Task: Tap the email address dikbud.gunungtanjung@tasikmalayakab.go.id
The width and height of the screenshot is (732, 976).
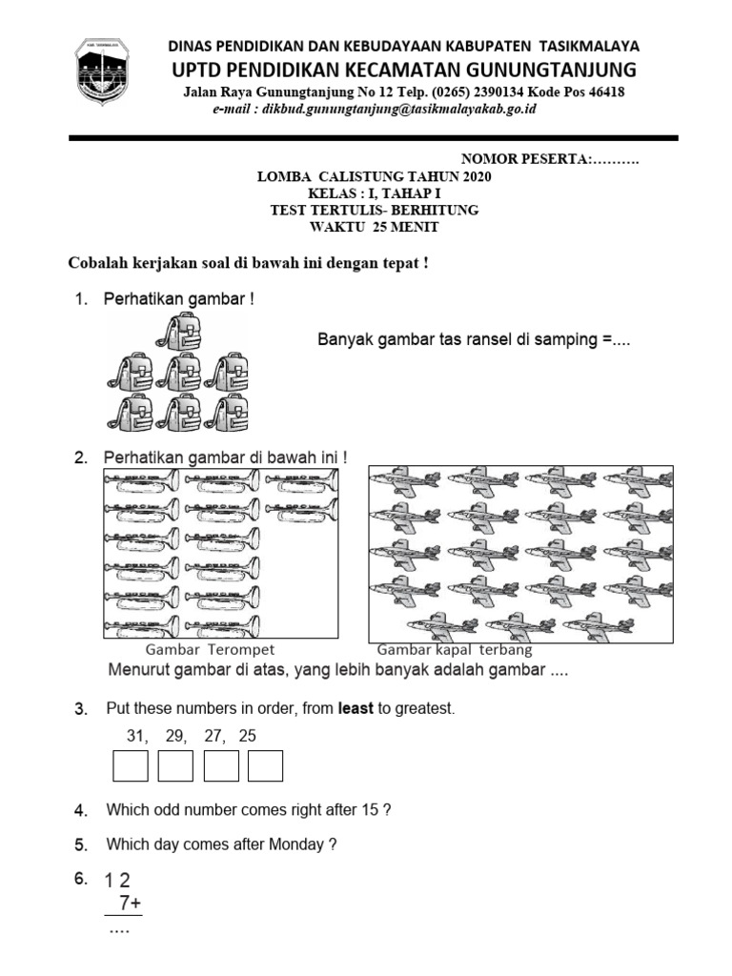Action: (x=376, y=110)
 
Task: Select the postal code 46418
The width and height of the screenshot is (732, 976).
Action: (x=602, y=92)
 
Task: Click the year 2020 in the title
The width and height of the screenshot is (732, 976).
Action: (x=478, y=177)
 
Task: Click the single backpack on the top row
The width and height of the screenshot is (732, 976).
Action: (x=180, y=334)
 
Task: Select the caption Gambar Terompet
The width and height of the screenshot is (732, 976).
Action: (x=210, y=649)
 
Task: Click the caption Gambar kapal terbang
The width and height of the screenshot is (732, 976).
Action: (x=455, y=649)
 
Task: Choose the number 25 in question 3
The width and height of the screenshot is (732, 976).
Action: (x=247, y=736)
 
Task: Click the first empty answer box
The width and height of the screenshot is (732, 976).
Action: (x=131, y=766)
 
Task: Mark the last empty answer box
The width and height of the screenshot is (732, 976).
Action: (x=265, y=766)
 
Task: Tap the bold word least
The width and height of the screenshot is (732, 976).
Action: (x=356, y=709)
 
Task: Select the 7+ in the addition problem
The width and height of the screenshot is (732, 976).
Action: (x=130, y=903)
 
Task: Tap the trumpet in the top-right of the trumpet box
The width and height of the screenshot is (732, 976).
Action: (x=300, y=484)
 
